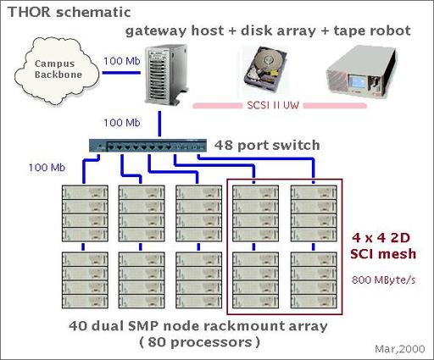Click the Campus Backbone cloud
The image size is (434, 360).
click(x=57, y=70)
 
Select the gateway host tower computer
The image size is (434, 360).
click(x=166, y=75)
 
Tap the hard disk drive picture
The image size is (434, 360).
click(x=265, y=69)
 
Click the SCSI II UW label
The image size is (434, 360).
click(x=273, y=106)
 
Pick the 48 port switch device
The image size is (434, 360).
click(x=147, y=146)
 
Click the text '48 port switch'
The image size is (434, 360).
click(x=267, y=146)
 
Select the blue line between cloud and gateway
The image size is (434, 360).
click(x=121, y=73)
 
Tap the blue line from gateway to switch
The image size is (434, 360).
click(x=159, y=124)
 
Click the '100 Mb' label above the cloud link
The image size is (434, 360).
click(x=122, y=61)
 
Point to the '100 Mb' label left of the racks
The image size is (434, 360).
click(x=47, y=168)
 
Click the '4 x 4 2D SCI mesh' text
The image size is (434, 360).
click(x=383, y=246)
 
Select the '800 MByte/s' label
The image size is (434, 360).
click(x=384, y=280)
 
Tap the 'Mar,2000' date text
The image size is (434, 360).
click(x=400, y=349)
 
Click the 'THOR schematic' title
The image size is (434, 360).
click(x=70, y=12)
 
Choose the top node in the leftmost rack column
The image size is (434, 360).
click(x=85, y=192)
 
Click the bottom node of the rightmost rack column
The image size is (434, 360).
click(x=314, y=301)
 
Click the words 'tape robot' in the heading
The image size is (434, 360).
click(x=372, y=30)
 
